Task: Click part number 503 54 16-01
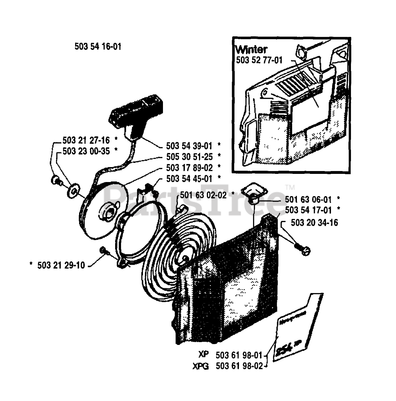point(98,47)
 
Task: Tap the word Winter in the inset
point(251,49)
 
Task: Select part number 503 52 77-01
point(259,60)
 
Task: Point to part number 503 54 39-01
point(189,146)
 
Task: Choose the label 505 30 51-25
point(189,157)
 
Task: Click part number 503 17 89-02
point(189,168)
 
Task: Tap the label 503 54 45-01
point(189,179)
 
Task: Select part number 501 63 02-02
point(203,195)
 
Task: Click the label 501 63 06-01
point(308,200)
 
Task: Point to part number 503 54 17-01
point(308,210)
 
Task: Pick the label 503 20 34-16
point(314,223)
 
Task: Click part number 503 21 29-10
point(61,265)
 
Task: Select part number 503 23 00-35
point(86,151)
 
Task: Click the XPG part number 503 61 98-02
point(239,366)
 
